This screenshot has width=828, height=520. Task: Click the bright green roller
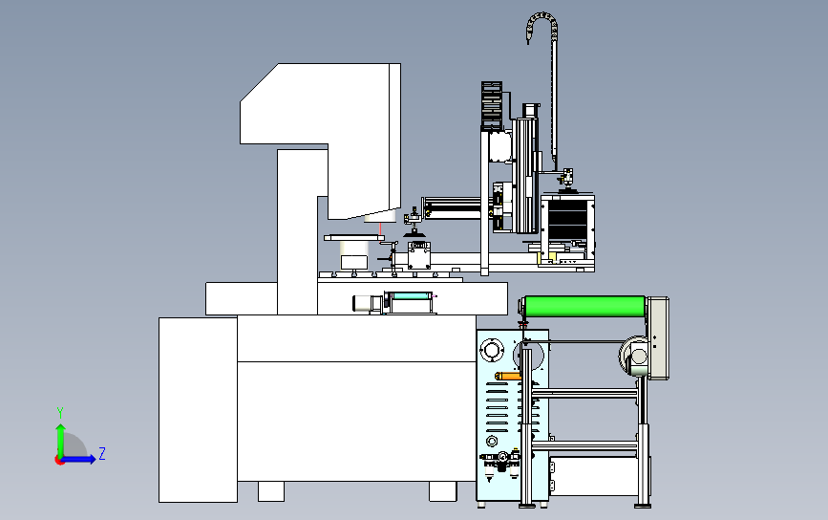[584, 307]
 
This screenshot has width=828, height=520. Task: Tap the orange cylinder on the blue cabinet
[508, 377]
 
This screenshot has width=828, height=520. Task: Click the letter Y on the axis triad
[60, 413]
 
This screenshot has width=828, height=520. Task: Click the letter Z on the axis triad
[102, 453]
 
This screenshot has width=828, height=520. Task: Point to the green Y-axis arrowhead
[61, 428]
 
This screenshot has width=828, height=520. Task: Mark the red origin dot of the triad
[59, 461]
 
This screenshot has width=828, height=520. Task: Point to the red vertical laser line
[380, 228]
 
